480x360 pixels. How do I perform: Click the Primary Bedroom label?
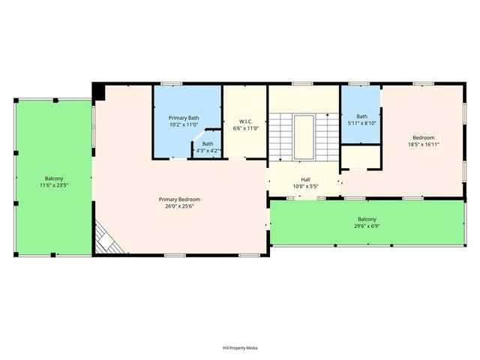(x=179, y=199)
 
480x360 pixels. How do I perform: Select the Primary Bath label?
(x=183, y=118)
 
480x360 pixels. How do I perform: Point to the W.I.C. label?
(x=245, y=121)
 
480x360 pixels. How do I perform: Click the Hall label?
(x=306, y=179)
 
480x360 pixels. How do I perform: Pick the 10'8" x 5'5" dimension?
(x=306, y=186)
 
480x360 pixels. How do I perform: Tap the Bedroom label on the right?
(x=423, y=137)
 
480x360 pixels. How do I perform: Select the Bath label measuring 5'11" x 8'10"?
(x=362, y=116)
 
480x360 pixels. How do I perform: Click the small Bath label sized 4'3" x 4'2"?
(x=207, y=143)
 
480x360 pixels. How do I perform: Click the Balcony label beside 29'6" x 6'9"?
(x=367, y=219)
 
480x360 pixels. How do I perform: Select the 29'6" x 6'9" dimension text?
(x=367, y=226)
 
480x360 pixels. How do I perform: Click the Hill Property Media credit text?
(x=240, y=348)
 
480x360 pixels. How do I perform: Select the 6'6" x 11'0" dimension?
(x=245, y=128)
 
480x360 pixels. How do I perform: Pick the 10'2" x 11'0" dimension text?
(x=183, y=124)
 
